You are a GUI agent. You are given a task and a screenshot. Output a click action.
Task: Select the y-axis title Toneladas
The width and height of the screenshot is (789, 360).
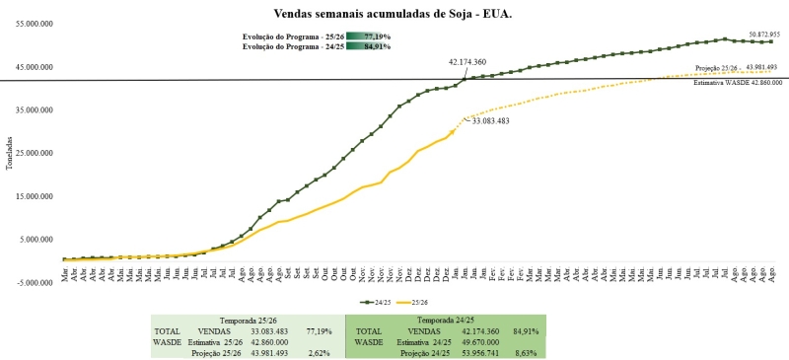point(9,153)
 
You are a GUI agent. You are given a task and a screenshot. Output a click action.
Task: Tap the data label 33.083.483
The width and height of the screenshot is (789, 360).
point(490,120)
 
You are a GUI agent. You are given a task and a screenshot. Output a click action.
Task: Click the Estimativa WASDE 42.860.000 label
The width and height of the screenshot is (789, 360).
point(737,83)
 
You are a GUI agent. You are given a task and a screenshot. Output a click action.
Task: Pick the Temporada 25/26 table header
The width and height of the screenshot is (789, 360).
point(248,321)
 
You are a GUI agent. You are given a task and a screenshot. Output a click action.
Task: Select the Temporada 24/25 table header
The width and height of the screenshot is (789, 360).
point(445,321)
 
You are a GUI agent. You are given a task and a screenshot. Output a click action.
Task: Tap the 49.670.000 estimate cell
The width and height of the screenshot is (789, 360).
point(478,342)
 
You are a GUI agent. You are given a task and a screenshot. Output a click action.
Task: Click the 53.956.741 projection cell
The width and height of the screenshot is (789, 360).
point(478,353)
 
